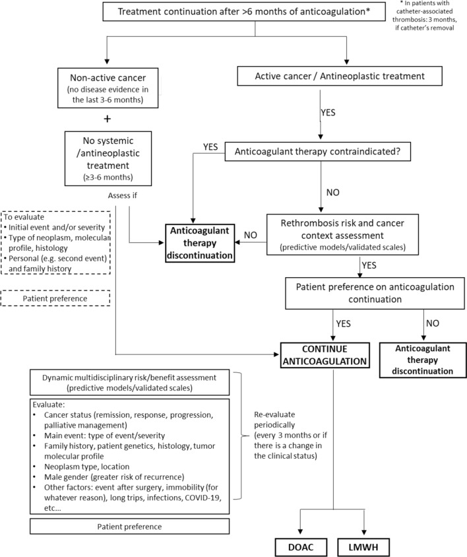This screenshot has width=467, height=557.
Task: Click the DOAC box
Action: [301, 547]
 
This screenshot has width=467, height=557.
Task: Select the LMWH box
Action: [363, 547]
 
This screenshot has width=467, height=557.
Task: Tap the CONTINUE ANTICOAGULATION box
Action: [325, 355]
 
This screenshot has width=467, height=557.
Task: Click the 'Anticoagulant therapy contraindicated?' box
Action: [317, 152]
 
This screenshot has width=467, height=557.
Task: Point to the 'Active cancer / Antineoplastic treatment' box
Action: [340, 76]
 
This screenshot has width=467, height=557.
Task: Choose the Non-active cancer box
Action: [108, 88]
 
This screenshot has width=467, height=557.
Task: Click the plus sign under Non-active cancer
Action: [108, 119]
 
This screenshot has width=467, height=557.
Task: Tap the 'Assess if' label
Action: [122, 195]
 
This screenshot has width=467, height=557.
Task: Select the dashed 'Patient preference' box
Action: [55, 298]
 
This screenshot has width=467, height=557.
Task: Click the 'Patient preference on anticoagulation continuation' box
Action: [375, 293]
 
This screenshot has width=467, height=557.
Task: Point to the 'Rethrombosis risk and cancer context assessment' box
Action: [342, 234]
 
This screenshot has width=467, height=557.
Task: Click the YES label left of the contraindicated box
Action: [210, 147]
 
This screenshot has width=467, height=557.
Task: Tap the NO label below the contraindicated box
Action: [332, 192]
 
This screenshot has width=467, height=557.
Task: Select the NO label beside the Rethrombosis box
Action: [251, 235]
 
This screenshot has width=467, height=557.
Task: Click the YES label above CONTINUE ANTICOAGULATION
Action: [344, 323]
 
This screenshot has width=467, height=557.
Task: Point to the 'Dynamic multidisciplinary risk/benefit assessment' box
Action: [129, 383]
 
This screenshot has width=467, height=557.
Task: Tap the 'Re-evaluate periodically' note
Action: [290, 435]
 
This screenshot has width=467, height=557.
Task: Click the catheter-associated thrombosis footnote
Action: [425, 16]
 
